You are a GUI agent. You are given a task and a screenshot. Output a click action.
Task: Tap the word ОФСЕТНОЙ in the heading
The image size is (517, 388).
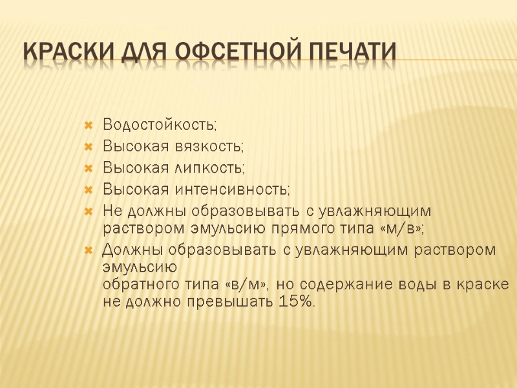pos(225,52)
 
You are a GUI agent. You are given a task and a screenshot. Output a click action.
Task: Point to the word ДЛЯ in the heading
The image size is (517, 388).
pos(140,52)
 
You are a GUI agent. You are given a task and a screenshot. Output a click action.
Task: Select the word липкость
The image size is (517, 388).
pos(207,167)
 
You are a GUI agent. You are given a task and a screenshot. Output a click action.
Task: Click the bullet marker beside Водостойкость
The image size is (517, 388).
pos(89,124)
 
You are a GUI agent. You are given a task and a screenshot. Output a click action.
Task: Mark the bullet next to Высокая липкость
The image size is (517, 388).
pos(89,167)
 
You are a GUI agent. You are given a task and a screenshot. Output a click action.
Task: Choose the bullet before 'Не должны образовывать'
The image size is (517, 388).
pos(89,211)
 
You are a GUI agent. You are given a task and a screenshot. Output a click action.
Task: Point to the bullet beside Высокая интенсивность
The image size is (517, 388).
pos(89,189)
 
